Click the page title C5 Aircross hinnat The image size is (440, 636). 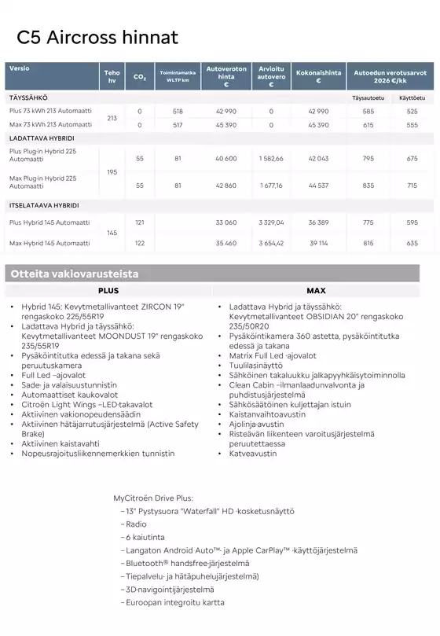(97, 38)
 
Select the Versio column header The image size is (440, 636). (20, 69)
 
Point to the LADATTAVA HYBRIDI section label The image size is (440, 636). (41, 138)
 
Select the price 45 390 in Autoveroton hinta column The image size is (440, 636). (226, 125)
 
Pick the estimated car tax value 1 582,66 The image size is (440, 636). (271, 159)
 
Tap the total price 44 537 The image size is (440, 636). (318, 186)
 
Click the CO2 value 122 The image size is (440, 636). (140, 244)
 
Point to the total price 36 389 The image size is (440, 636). (318, 223)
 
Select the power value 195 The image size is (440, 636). (112, 171)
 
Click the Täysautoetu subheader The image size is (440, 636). (368, 98)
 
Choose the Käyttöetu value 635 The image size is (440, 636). (412, 244)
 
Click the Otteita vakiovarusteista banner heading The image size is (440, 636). (74, 274)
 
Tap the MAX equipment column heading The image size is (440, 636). (316, 290)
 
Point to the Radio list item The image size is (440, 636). (136, 524)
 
